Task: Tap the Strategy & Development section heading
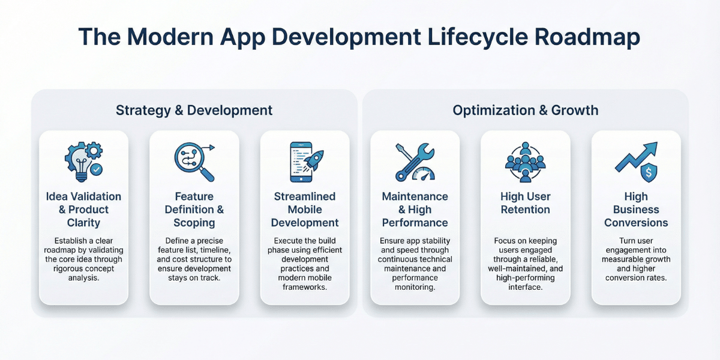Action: pyautogui.click(x=194, y=110)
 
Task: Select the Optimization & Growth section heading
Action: pyautogui.click(x=526, y=110)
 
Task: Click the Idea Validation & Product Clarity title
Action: pyautogui.click(x=83, y=209)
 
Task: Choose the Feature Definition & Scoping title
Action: pyautogui.click(x=194, y=209)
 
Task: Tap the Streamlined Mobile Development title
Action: pyautogui.click(x=305, y=209)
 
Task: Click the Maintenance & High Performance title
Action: pyautogui.click(x=415, y=209)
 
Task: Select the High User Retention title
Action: pyautogui.click(x=525, y=203)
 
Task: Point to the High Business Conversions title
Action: pyautogui.click(x=636, y=209)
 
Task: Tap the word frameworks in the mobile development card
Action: pyautogui.click(x=304, y=287)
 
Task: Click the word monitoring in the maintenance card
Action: pyautogui.click(x=415, y=287)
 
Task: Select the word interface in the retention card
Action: pyautogui.click(x=525, y=287)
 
